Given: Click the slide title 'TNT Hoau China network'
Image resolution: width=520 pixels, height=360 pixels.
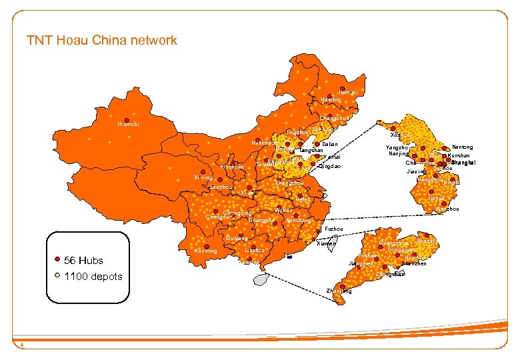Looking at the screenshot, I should coord(102,40).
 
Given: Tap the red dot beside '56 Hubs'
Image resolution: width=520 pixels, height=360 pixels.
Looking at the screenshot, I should coord(57,260).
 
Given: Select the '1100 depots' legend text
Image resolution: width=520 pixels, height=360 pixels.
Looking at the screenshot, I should coord(93,276).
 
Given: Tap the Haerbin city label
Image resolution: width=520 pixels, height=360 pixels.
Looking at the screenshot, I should coord(331,100).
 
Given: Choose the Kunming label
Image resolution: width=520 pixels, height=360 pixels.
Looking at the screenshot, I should coord(204,251).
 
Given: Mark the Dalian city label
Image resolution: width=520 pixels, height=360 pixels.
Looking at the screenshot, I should coord(330,144).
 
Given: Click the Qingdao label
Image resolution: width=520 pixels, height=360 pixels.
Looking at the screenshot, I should coord(330,166).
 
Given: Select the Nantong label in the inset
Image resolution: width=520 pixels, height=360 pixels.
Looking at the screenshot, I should coord(462,147).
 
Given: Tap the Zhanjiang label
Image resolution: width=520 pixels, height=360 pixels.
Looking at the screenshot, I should coord(339,291).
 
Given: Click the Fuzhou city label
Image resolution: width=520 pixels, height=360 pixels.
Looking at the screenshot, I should coord(334,229).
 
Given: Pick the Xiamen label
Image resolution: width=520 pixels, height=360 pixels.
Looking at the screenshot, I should coord(326,244).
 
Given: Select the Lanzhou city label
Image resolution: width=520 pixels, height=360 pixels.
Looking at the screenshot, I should coord(221,187).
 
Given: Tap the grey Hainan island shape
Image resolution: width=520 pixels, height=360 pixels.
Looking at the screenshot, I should coord(259,279).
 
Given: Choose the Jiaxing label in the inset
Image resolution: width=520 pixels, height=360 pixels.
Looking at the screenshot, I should coord(417,171).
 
